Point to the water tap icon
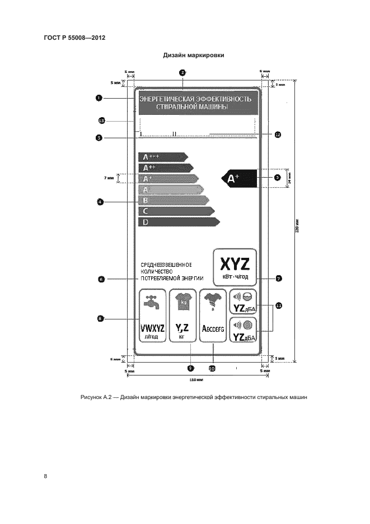pyautogui.click(x=151, y=303)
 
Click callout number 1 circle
pyautogui.click(x=99, y=98)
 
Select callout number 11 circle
pyautogui.click(x=278, y=305)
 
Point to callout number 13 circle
pyautogui.click(x=101, y=120)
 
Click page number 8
pyautogui.click(x=45, y=476)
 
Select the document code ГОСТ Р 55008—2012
pyautogui.click(x=74, y=38)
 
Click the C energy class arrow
pyautogui.click(x=176, y=211)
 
